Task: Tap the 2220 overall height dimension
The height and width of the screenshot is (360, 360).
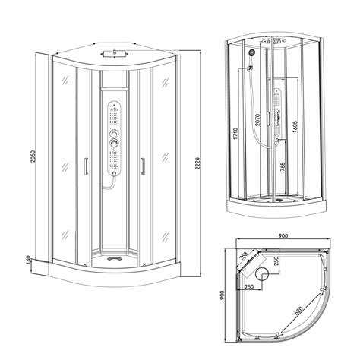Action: pyautogui.click(x=197, y=164)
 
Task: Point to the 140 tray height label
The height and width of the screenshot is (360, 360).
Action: pyautogui.click(x=28, y=259)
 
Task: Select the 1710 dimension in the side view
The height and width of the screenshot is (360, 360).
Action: pyautogui.click(x=235, y=134)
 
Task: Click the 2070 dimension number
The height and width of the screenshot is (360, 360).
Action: pyautogui.click(x=257, y=119)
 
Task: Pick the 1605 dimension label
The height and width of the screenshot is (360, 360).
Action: pyautogui.click(x=295, y=126)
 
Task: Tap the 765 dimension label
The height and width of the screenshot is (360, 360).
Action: pyautogui.click(x=283, y=166)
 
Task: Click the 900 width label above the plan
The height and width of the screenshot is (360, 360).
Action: pyautogui.click(x=283, y=235)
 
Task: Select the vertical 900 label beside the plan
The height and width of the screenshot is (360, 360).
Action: pyautogui.click(x=222, y=295)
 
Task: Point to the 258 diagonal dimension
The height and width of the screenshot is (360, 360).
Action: pyautogui.click(x=243, y=257)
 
